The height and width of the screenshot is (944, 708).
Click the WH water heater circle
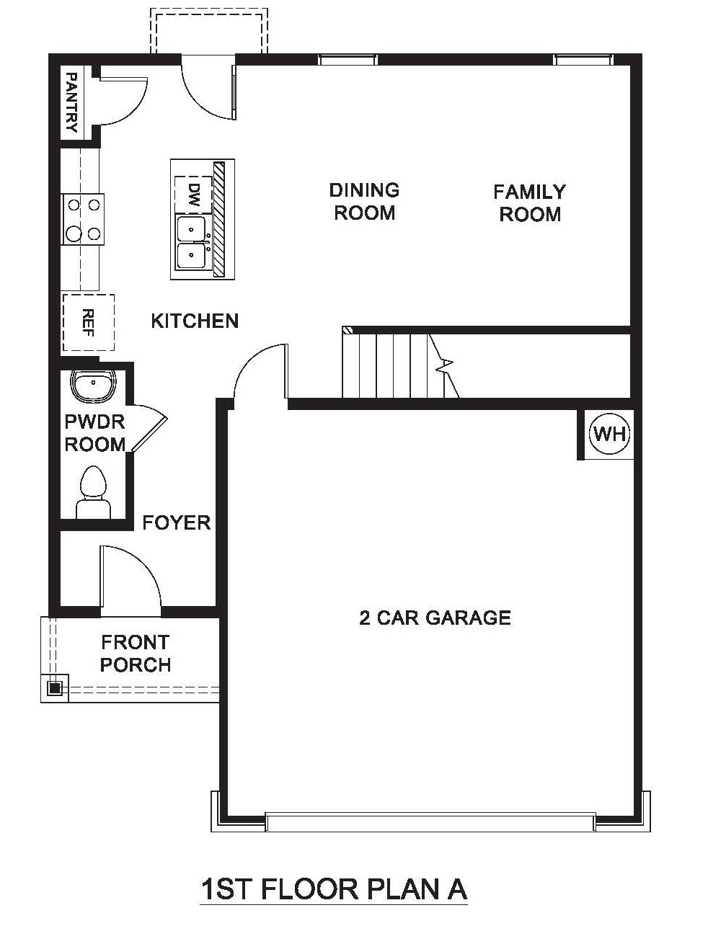(x=610, y=434)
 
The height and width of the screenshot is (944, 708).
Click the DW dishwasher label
(x=195, y=195)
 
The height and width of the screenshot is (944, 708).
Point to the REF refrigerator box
(x=89, y=323)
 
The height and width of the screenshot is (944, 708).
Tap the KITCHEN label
(x=195, y=321)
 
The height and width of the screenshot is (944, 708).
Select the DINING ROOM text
(x=364, y=201)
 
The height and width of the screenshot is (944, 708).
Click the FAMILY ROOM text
(x=529, y=203)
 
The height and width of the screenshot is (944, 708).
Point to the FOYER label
(x=177, y=523)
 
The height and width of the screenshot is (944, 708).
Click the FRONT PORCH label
(x=136, y=654)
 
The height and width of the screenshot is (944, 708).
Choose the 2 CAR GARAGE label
(x=435, y=618)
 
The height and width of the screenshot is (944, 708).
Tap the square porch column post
(x=54, y=688)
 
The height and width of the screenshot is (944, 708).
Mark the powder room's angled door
(x=149, y=428)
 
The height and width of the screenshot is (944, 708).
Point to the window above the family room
(x=582, y=60)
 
